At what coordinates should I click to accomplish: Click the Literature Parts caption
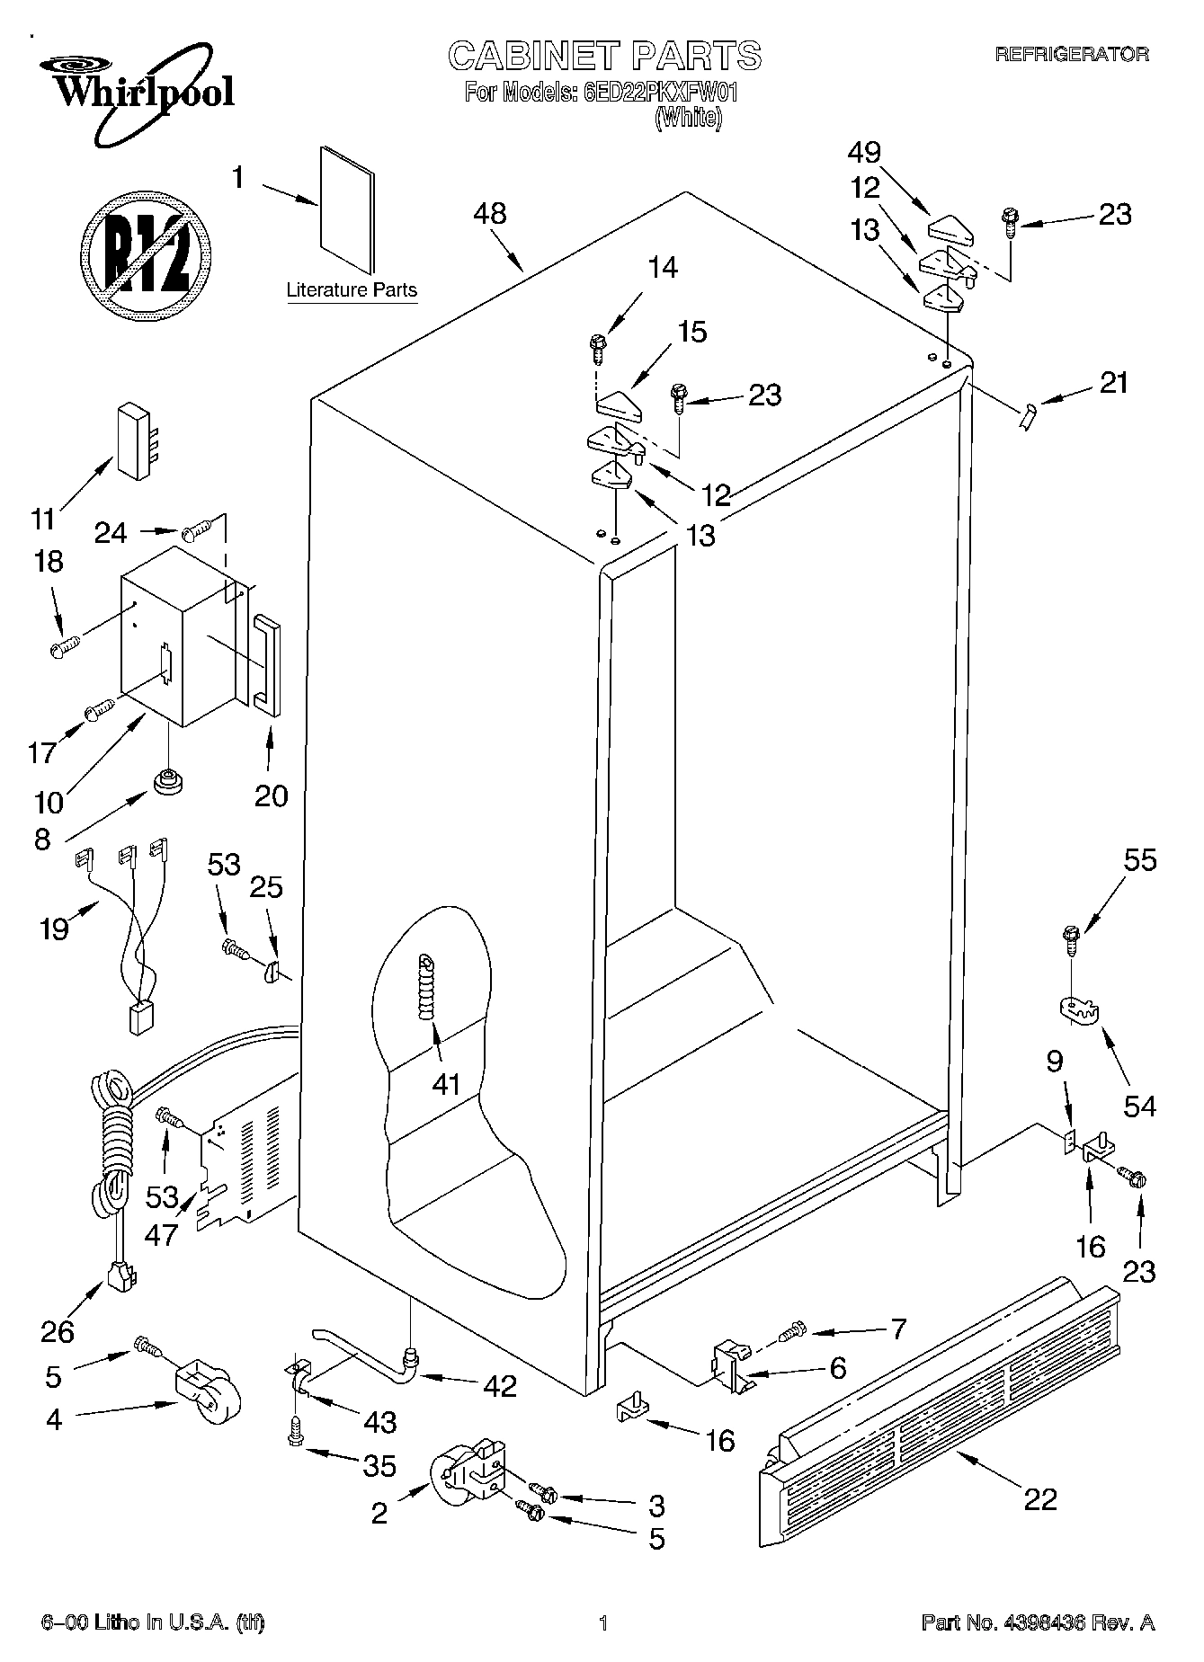(352, 290)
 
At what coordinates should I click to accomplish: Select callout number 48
(490, 214)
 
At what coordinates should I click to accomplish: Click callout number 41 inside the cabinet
(446, 1084)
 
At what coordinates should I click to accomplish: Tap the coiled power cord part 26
(112, 1169)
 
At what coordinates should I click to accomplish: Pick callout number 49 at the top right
(864, 153)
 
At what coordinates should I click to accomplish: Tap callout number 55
(1140, 860)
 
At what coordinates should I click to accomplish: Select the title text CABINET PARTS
(604, 57)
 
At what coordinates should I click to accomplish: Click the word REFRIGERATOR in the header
(1071, 55)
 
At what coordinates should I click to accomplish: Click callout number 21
(1113, 383)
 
